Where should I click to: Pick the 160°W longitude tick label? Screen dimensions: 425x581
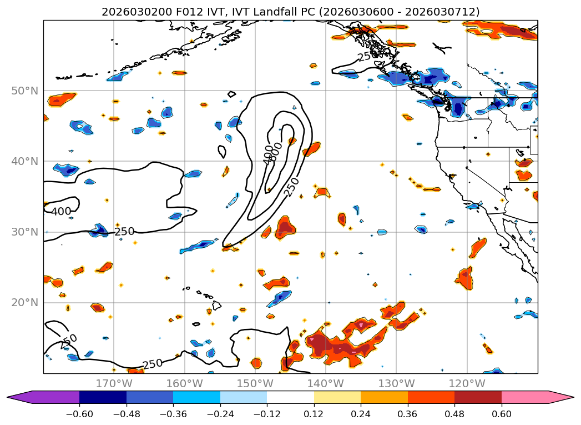[184, 383]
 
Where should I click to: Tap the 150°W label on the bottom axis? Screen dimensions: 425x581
[255, 383]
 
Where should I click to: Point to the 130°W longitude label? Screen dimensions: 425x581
[396, 383]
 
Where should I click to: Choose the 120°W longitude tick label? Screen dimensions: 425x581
[467, 383]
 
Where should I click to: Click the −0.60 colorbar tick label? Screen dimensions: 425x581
[79, 414]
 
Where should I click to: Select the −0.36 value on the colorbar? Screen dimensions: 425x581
[173, 414]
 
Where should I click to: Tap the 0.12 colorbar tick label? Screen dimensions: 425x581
[314, 414]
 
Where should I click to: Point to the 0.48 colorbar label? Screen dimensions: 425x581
[454, 414]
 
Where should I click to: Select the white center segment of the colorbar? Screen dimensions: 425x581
[290, 397]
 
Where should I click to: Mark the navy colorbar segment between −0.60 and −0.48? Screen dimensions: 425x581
[103, 397]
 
